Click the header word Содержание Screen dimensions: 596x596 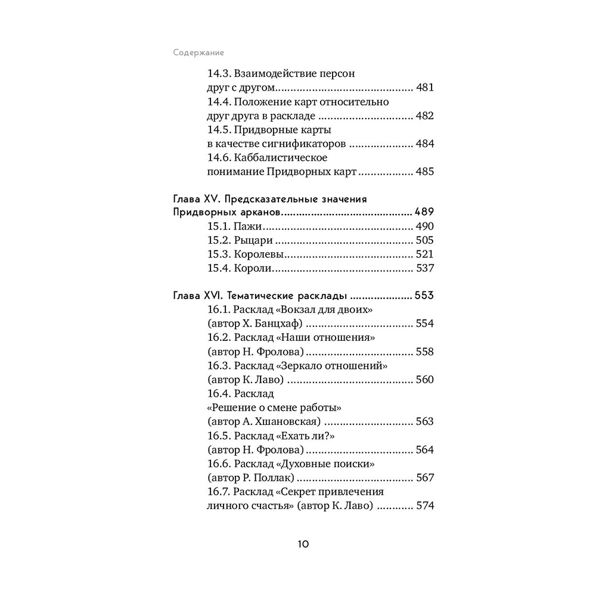[194, 51]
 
